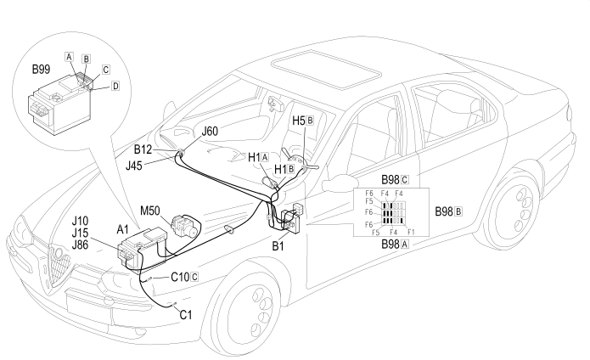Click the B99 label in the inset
(x=41, y=70)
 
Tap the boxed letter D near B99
(x=115, y=86)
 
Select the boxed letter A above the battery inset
(x=69, y=57)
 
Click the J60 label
(x=210, y=132)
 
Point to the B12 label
(x=143, y=149)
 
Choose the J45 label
(x=134, y=166)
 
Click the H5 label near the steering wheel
(x=299, y=121)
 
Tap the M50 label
(x=150, y=211)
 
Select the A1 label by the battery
(x=122, y=229)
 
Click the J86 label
(x=80, y=245)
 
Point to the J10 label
(x=80, y=221)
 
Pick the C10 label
(x=180, y=278)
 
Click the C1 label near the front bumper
(x=186, y=314)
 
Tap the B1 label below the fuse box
(x=278, y=246)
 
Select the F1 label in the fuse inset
(x=411, y=232)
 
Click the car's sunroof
(x=326, y=70)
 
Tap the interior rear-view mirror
(x=277, y=103)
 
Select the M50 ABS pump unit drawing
(x=183, y=226)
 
